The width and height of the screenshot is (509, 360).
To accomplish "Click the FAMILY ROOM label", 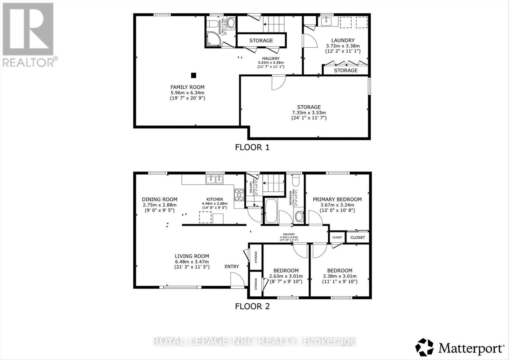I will click(x=187, y=87).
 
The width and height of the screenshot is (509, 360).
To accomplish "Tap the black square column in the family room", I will click(x=193, y=75).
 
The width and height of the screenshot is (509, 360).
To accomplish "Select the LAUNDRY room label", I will click(x=343, y=40).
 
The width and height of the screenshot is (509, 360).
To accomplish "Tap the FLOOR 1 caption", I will click(x=252, y=147).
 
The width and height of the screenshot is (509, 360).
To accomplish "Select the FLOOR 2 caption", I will click(x=252, y=306).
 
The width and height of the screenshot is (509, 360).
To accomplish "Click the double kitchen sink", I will click(x=215, y=180).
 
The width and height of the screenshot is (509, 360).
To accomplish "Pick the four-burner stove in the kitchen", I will click(x=239, y=195).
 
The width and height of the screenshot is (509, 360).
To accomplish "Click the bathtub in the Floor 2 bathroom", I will click(x=271, y=211).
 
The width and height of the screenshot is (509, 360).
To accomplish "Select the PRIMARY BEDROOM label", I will click(x=337, y=199).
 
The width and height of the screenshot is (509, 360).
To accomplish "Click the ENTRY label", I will click(x=232, y=267).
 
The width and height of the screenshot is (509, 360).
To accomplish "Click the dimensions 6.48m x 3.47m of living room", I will click(x=192, y=261).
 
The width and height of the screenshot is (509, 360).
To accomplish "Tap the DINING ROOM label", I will click(x=159, y=199).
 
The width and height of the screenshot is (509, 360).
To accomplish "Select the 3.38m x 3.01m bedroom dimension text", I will click(x=340, y=276).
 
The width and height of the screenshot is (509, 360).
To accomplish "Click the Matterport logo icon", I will click(x=424, y=348).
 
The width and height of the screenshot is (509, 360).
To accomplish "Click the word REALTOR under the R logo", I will click(x=29, y=62).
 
